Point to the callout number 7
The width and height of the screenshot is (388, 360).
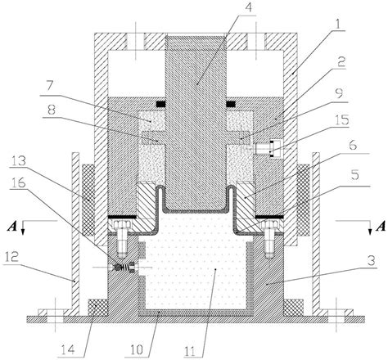point(52,84)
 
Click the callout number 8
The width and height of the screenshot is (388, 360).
point(52,108)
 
